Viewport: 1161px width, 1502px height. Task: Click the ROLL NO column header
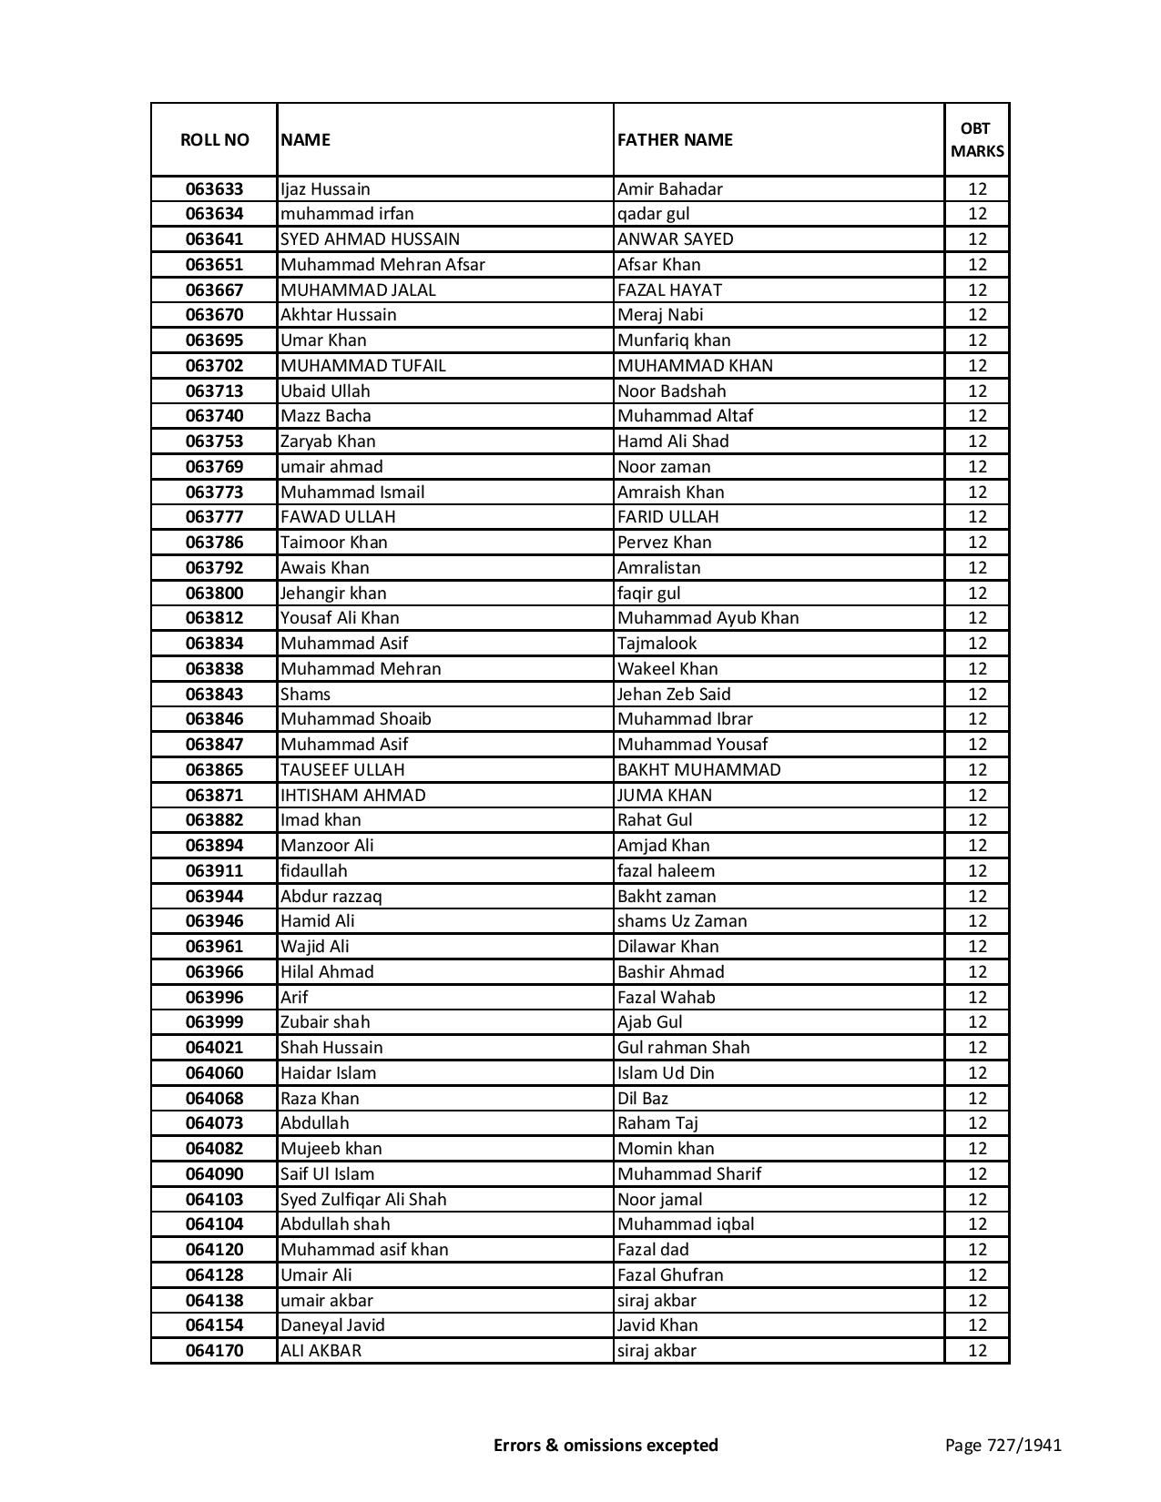214,139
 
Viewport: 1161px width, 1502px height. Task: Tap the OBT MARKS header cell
977,139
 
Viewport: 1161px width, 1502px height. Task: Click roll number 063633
214,189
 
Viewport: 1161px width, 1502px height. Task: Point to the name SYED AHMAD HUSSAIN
370,239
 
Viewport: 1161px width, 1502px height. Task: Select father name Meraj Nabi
660,315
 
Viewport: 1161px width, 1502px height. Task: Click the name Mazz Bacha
325,416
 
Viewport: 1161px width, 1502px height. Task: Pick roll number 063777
214,517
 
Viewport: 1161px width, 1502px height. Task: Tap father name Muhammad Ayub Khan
708,618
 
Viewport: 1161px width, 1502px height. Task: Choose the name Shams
305,694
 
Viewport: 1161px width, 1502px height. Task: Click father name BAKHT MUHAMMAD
698,769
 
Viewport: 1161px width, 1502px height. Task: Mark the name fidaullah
313,870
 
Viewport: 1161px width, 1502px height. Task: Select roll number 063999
214,1022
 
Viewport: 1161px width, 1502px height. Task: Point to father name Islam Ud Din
666,1072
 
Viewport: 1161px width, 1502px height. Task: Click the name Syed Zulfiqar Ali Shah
363,1199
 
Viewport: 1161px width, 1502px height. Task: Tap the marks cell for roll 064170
977,1351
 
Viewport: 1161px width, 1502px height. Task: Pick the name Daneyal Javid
332,1325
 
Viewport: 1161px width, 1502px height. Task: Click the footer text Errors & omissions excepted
606,1445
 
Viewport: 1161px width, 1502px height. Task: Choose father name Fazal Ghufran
670,1274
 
